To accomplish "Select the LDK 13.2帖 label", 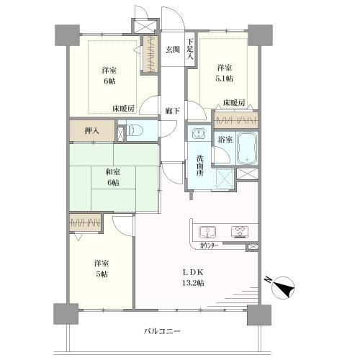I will tap(193, 278).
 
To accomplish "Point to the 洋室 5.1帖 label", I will tap(226, 73).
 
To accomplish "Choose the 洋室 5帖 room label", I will tap(100, 269).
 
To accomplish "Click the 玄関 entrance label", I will tap(172, 50).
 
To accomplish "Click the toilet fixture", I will tap(137, 132).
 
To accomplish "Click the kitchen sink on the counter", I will tap(208, 231).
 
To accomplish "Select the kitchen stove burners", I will tap(240, 231).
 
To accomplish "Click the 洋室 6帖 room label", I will tap(109, 75).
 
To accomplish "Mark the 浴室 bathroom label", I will tap(225, 139).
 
